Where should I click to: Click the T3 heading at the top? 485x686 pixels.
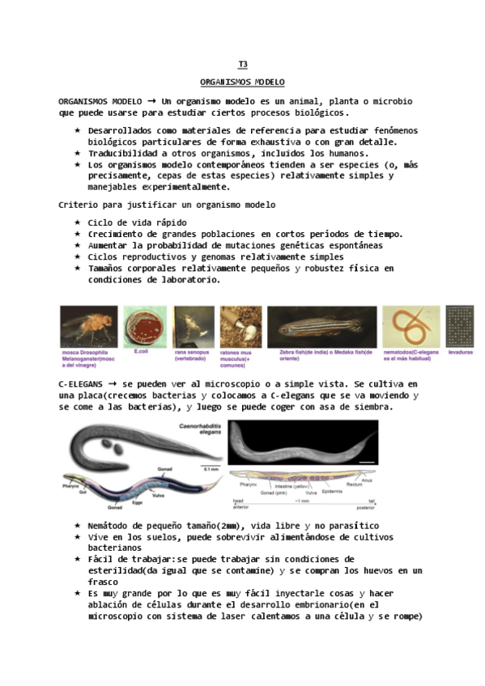coord(242,64)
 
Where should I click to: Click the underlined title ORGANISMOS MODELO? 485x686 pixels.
coord(242,83)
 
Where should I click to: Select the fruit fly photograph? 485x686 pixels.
coord(89,327)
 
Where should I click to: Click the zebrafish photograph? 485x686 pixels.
coord(321,327)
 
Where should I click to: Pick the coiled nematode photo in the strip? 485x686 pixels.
coord(411,327)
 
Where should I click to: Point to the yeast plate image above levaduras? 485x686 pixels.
coord(461,327)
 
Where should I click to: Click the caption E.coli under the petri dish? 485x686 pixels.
coord(141,352)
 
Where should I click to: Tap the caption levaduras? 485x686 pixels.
coord(460,353)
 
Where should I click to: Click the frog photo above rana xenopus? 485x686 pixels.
coord(194,327)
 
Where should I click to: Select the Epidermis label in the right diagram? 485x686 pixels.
coord(332,490)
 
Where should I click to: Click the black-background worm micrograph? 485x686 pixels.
coord(303,442)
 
